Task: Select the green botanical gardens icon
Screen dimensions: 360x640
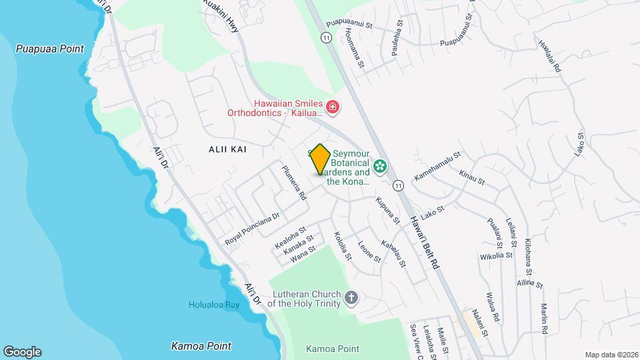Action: tap(381, 166)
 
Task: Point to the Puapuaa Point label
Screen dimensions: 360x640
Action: tap(51, 49)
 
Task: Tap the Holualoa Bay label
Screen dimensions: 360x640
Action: tap(213, 305)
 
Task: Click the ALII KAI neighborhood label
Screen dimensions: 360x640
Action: tap(227, 149)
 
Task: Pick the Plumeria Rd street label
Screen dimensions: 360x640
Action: tap(293, 183)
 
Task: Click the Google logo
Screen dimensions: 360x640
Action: tap(22, 351)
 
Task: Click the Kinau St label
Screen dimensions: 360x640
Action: tap(471, 177)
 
